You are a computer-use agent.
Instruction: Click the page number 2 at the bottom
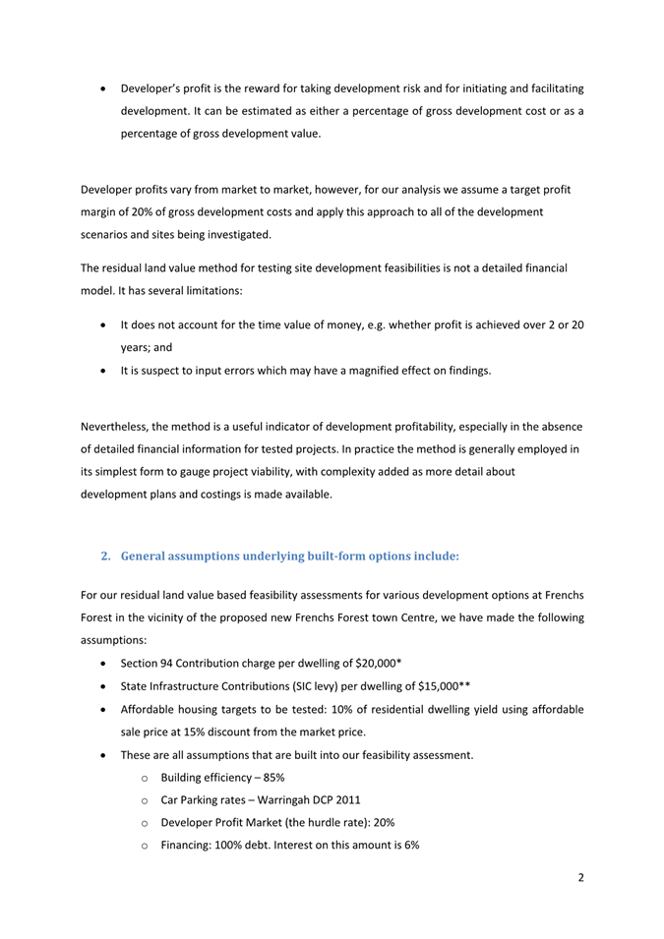coord(580,878)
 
